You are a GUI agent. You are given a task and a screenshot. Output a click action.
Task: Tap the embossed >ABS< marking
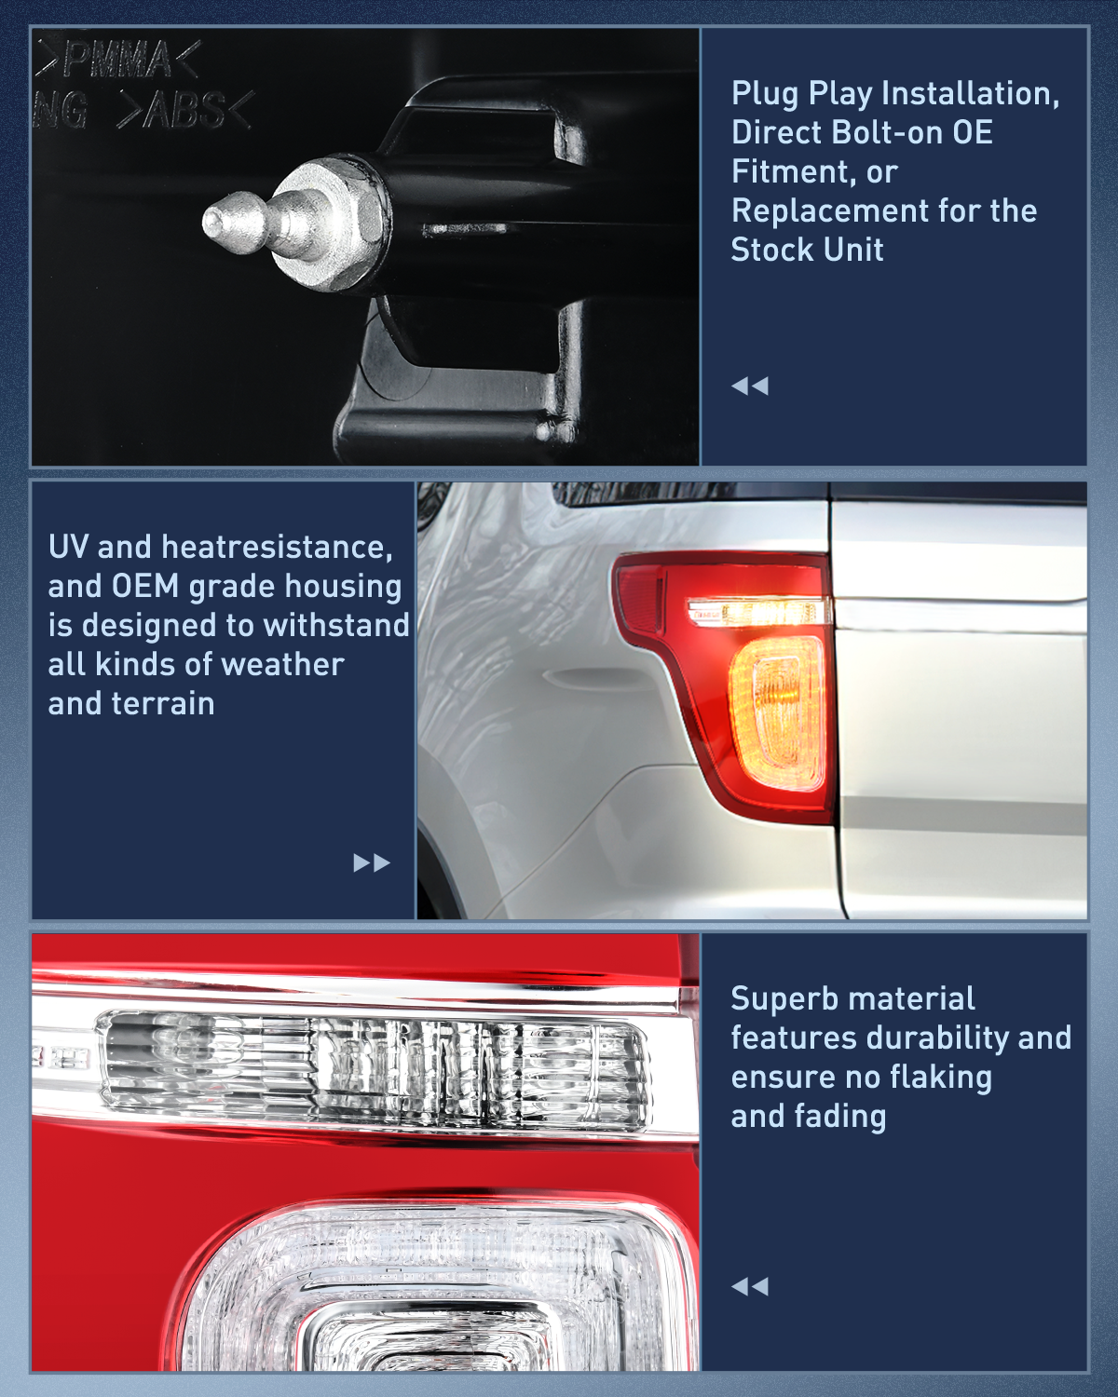pos(184,111)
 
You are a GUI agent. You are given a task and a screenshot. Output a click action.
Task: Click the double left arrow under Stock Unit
pos(750,386)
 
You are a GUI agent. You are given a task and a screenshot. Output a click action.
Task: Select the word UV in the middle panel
pos(68,547)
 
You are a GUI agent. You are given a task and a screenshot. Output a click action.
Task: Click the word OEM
pos(144,586)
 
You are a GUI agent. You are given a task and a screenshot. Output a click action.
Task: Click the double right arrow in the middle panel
pos(371,862)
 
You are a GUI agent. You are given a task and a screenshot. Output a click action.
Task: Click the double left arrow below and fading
pos(750,1286)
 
